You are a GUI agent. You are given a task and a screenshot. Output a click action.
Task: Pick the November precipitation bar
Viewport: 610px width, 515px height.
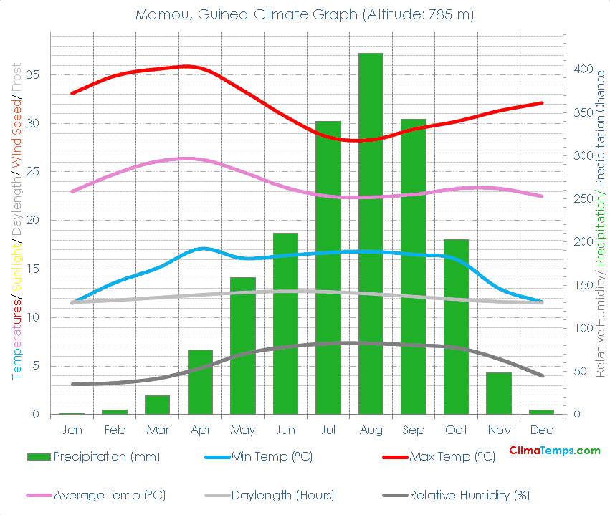(x=499, y=393)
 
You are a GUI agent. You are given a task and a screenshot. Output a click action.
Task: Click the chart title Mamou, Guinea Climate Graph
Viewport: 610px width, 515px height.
(x=305, y=14)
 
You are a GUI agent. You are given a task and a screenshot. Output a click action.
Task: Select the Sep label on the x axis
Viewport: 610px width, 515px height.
(x=414, y=430)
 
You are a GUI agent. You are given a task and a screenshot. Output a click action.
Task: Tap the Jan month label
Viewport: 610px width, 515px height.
(x=72, y=430)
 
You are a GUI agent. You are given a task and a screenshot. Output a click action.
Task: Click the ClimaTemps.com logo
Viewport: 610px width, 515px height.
(x=554, y=451)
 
